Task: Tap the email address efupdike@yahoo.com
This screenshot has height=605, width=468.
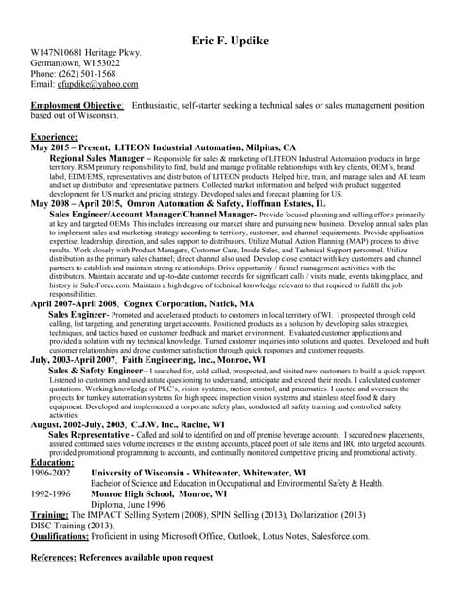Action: click(x=91, y=84)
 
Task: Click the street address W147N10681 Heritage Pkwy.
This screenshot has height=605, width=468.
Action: click(x=86, y=52)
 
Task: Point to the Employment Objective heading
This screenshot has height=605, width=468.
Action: click(x=78, y=105)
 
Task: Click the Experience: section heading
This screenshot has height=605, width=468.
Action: click(x=55, y=137)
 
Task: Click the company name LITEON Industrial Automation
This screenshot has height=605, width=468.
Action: click(x=173, y=147)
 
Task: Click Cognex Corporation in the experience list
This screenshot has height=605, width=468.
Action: click(x=161, y=303)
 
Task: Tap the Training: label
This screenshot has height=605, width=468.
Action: click(x=56, y=515)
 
